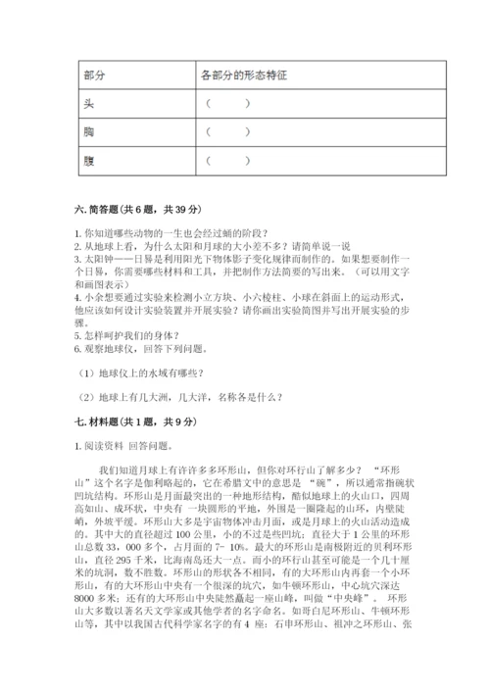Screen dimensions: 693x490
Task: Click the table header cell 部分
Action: tap(95, 75)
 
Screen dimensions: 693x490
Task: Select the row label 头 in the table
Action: tap(90, 103)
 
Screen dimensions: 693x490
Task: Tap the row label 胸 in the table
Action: tap(90, 131)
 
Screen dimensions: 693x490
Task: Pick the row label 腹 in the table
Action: tap(90, 159)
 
